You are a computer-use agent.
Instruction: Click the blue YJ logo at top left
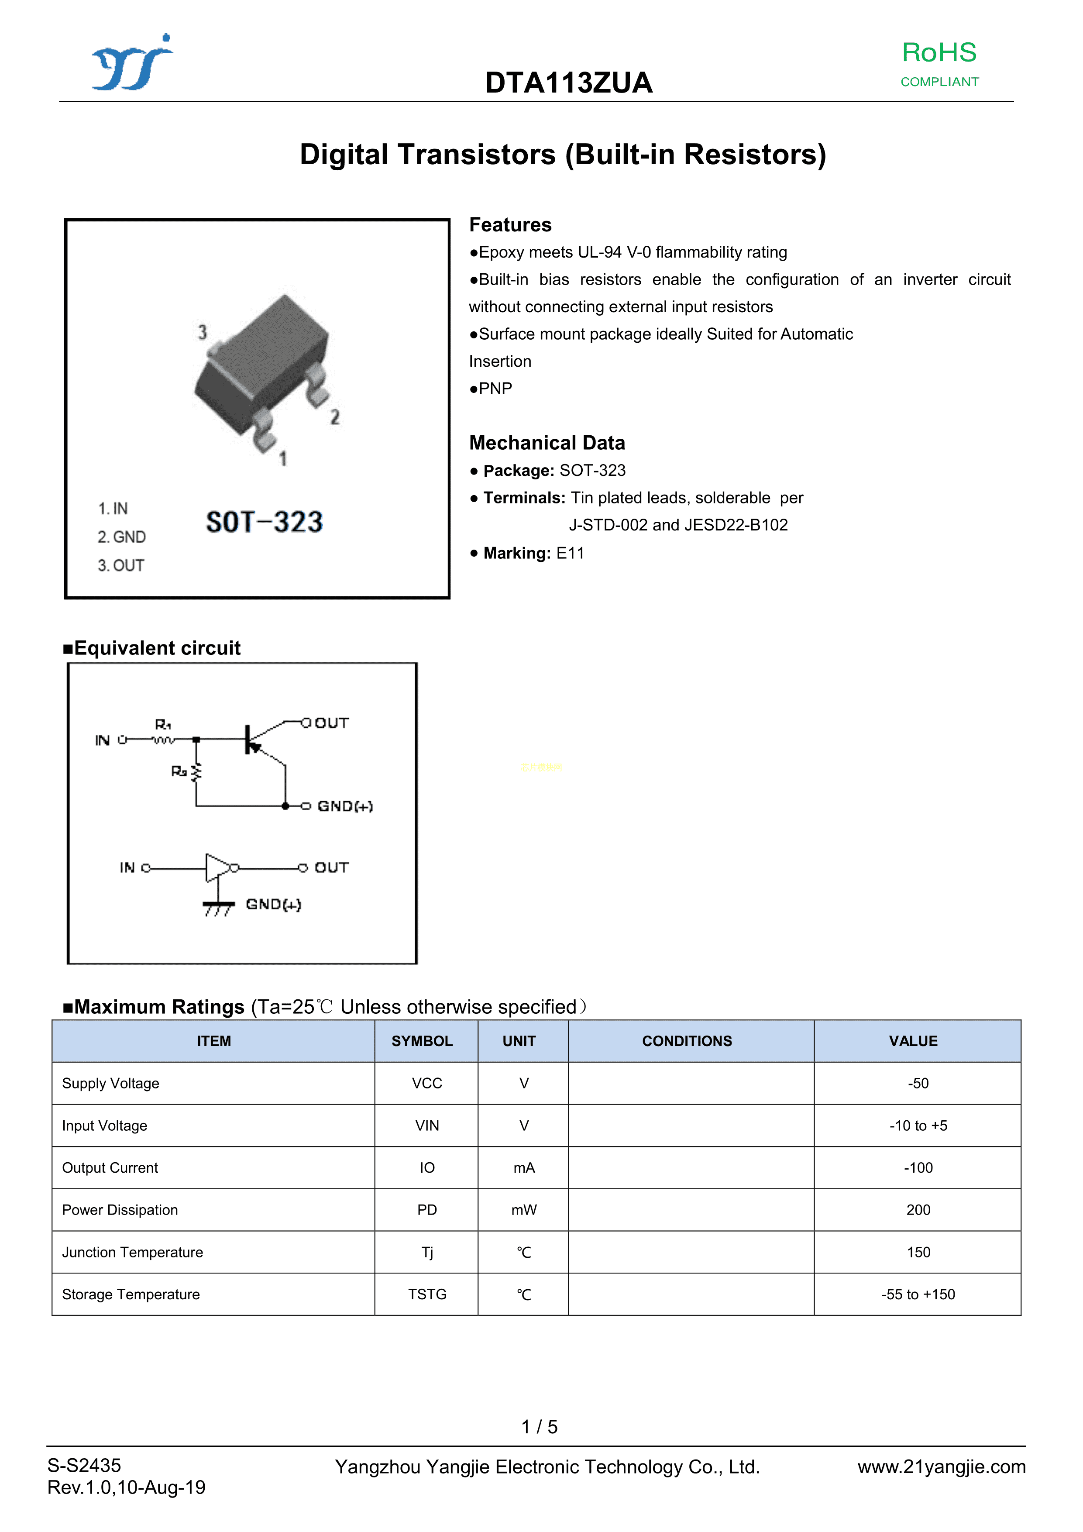pyautogui.click(x=132, y=63)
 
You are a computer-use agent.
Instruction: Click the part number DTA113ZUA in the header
pyautogui.click(x=568, y=83)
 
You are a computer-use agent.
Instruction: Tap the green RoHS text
pyautogui.click(x=939, y=53)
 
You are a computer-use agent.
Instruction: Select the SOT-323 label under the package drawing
pyautogui.click(x=264, y=522)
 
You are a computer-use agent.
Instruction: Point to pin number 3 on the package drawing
pyautogui.click(x=202, y=332)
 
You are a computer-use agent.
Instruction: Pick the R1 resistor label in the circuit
pyautogui.click(x=163, y=725)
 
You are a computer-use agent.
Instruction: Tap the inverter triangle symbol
pyautogui.click(x=217, y=868)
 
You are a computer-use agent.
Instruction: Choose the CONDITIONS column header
pyautogui.click(x=687, y=1041)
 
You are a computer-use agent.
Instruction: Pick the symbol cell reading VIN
pyautogui.click(x=426, y=1126)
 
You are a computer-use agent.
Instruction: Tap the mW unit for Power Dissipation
pyautogui.click(x=524, y=1210)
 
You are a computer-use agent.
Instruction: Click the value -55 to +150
pyautogui.click(x=918, y=1294)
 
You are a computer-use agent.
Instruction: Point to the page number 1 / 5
pyautogui.click(x=539, y=1427)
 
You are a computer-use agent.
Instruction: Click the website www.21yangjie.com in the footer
pyautogui.click(x=941, y=1467)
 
